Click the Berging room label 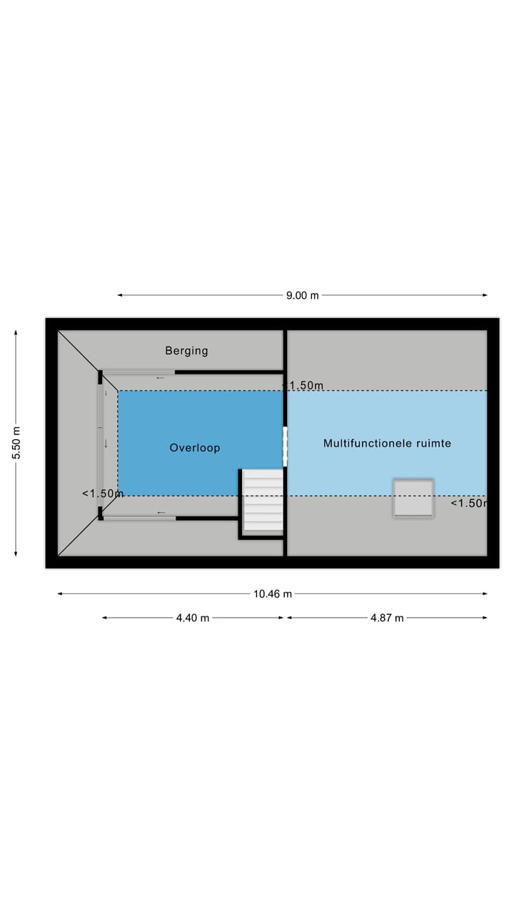click(x=186, y=351)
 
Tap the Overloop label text click(x=195, y=447)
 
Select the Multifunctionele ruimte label click(x=387, y=443)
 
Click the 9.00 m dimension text click(x=302, y=295)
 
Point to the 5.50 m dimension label click(x=16, y=443)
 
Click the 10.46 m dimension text click(x=273, y=594)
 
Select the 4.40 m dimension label click(x=193, y=618)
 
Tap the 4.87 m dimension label click(x=387, y=618)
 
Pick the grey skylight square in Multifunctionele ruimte click(x=413, y=498)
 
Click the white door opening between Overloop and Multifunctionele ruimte click(x=285, y=447)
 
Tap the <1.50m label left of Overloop click(x=102, y=494)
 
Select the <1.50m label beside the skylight click(x=469, y=504)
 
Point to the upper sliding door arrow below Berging click(x=161, y=378)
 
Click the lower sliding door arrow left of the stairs click(x=161, y=512)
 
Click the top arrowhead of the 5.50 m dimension click(x=16, y=332)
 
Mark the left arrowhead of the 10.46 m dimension click(x=60, y=594)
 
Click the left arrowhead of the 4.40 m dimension click(x=104, y=618)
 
